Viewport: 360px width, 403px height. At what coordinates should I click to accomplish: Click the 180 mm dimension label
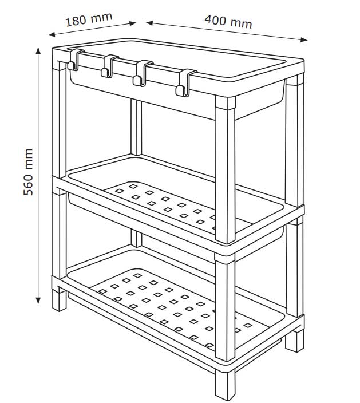[x=89, y=19]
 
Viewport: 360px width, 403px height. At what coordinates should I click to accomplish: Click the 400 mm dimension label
[x=228, y=22]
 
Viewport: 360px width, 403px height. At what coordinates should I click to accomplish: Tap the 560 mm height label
[x=28, y=172]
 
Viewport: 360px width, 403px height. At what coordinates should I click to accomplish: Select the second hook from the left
[x=109, y=66]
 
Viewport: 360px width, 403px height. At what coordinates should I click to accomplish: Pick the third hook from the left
[x=143, y=73]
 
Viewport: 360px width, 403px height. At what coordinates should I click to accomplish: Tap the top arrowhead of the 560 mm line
[x=38, y=50]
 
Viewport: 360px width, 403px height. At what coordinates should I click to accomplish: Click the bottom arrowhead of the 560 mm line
[x=38, y=301]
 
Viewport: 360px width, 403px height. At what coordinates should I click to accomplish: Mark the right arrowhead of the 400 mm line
[x=304, y=39]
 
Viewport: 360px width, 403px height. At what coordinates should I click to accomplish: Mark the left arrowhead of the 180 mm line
[x=52, y=34]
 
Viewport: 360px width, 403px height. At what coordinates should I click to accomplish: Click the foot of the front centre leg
[x=225, y=385]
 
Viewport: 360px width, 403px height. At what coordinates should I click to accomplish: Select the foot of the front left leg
[x=60, y=300]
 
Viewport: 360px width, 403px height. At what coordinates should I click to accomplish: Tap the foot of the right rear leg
[x=295, y=341]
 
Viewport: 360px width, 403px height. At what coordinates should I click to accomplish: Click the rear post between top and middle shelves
[x=136, y=127]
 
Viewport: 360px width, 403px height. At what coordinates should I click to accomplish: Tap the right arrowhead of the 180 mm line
[x=132, y=23]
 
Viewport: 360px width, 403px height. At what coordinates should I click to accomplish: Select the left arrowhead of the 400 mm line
[x=149, y=23]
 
